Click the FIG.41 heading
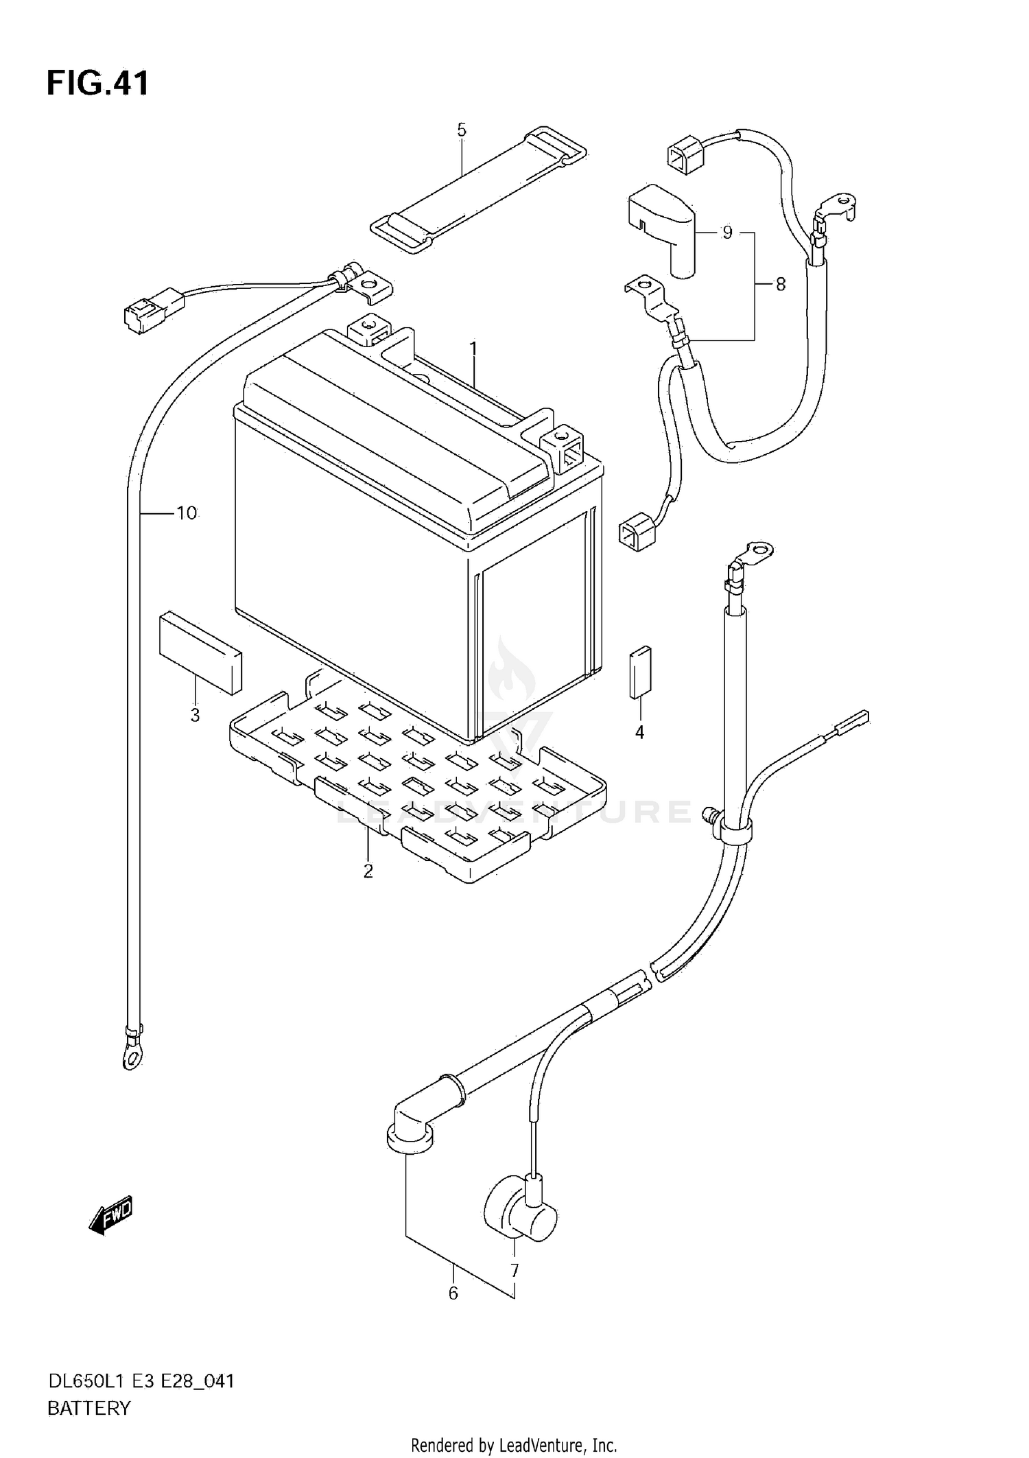click(97, 84)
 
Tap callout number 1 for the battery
click(473, 349)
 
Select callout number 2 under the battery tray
click(368, 871)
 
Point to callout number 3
click(195, 715)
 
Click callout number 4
click(639, 733)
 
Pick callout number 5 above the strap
click(461, 130)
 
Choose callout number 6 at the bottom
click(453, 1293)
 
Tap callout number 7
click(514, 1271)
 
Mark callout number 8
click(780, 284)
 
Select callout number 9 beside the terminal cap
click(727, 233)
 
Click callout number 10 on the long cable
click(187, 513)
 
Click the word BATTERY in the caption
click(88, 1409)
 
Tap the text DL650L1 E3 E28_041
click(141, 1381)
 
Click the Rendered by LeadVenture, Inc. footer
click(514, 1446)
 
